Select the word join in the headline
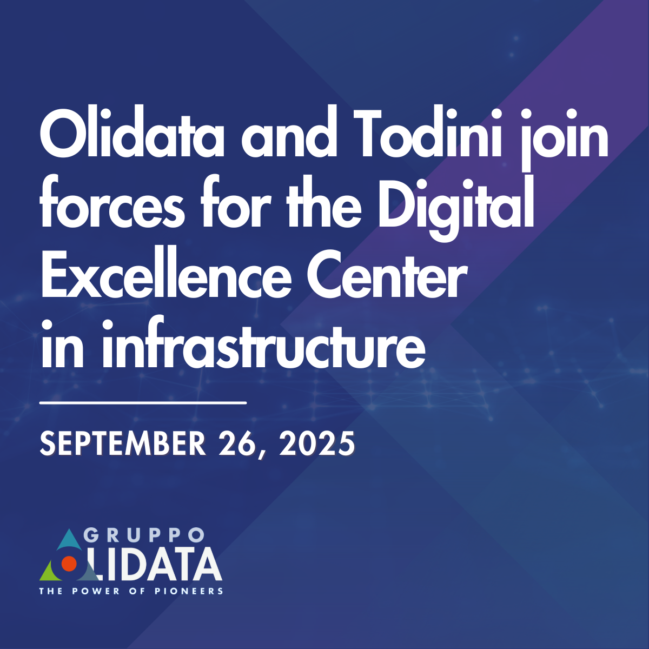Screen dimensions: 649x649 click(x=563, y=139)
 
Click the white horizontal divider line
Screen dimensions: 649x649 click(x=143, y=402)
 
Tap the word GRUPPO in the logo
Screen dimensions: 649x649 click(x=144, y=535)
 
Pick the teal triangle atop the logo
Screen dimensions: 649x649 click(x=69, y=540)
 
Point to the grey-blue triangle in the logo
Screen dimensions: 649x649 click(x=89, y=572)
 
